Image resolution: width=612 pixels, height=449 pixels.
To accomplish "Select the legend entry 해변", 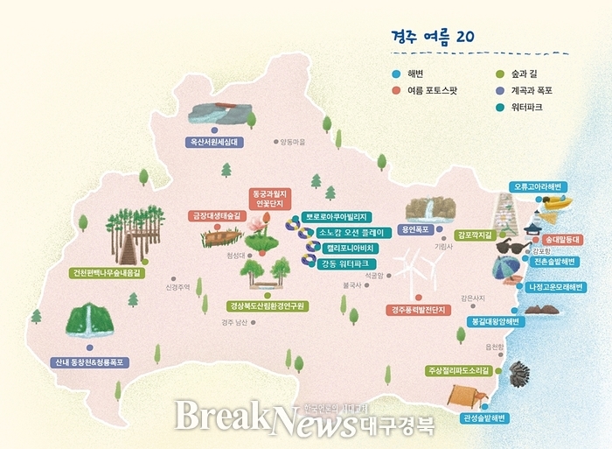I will (x=415, y=74).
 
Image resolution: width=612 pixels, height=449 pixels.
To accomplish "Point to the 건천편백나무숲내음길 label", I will (x=107, y=273).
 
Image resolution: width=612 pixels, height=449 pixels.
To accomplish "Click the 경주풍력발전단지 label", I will (x=418, y=310).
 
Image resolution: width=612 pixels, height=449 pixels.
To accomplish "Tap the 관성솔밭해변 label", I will (x=486, y=418).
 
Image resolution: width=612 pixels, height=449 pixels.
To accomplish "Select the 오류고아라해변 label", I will (x=539, y=186).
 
